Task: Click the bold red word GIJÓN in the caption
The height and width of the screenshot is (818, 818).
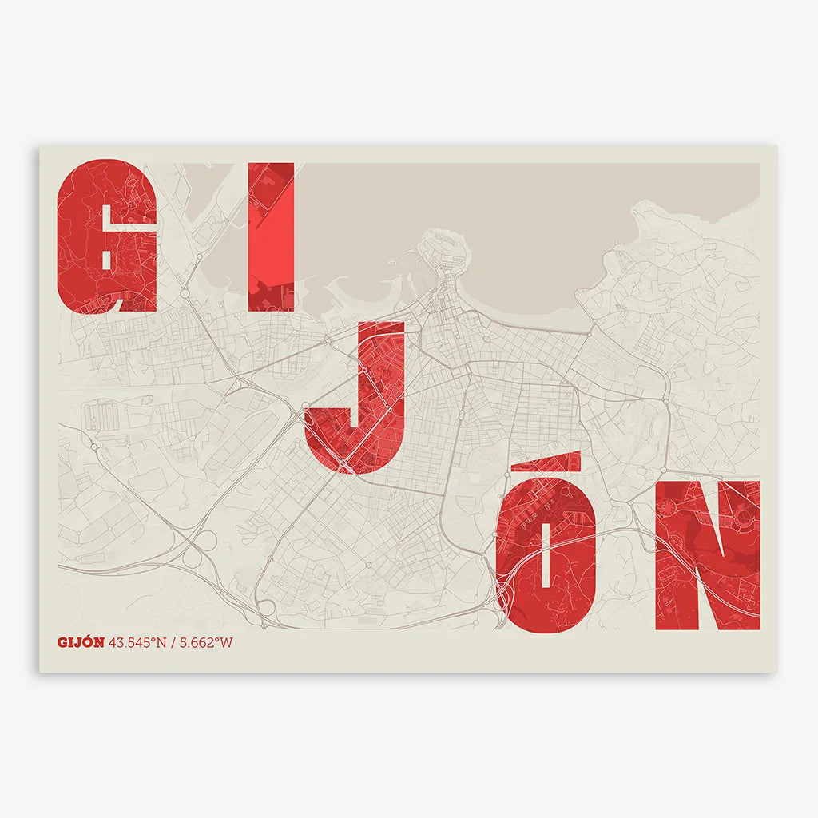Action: pyautogui.click(x=81, y=642)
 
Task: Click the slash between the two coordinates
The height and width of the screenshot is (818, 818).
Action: pyautogui.click(x=173, y=642)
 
